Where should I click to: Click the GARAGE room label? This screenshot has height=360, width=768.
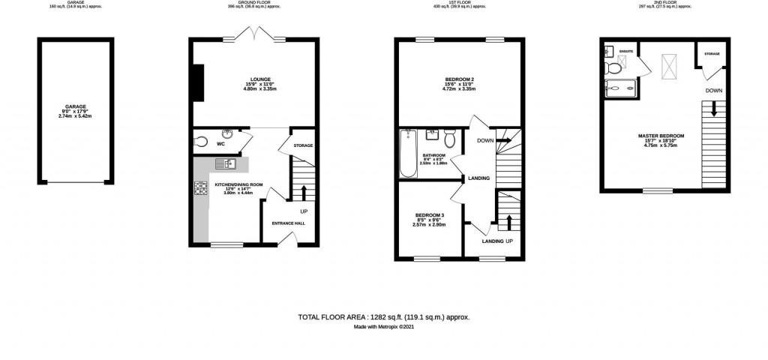[x=75, y=107]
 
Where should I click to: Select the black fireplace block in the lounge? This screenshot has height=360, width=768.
[x=198, y=82]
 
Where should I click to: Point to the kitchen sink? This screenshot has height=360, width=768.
[x=226, y=163]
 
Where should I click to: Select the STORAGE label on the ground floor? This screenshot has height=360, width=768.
[x=302, y=145]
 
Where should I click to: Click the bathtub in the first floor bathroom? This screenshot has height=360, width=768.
[x=408, y=154]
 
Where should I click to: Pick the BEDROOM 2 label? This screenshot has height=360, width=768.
[x=457, y=79]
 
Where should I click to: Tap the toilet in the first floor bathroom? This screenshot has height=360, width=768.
[x=450, y=139]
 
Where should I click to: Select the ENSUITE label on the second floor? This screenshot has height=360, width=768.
[x=626, y=51]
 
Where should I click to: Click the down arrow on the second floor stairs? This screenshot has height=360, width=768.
[x=713, y=109]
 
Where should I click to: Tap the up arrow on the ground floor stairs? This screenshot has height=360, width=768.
[x=303, y=193]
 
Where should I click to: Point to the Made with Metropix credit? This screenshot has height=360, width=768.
[x=383, y=327]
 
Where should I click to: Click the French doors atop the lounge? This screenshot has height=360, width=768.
[x=256, y=35]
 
